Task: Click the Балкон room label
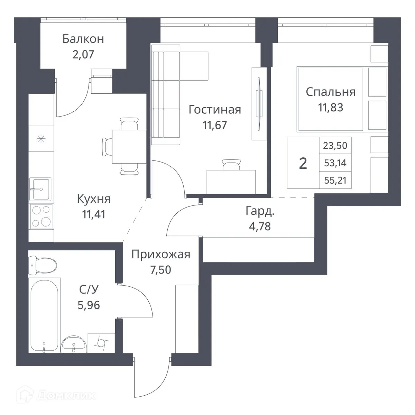click(83, 39)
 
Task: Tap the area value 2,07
click(83, 54)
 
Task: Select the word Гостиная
click(214, 110)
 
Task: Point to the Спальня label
click(330, 92)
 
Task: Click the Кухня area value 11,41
click(93, 214)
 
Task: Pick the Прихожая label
click(161, 255)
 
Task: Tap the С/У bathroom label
click(89, 290)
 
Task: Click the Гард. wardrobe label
click(260, 211)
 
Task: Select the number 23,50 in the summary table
click(335, 146)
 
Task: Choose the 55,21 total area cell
click(335, 180)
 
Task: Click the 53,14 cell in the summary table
click(335, 163)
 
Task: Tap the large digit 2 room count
click(303, 163)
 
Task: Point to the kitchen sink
click(40, 189)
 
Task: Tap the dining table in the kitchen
click(129, 146)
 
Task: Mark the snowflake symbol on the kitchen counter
click(41, 139)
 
